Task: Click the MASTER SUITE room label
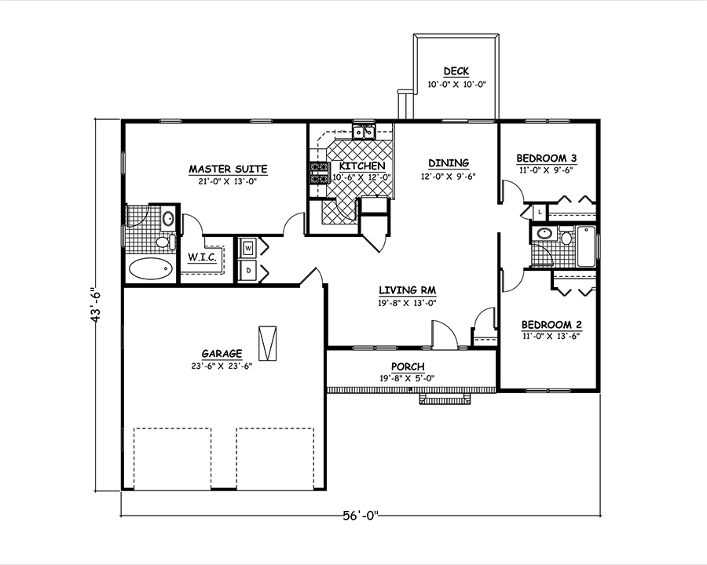coord(228,169)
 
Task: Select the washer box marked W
coord(248,249)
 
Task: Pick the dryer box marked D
coord(248,270)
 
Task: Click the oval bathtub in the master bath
coord(149,269)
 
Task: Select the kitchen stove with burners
coord(319,173)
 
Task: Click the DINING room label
coord(449,163)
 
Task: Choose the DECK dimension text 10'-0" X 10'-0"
coord(456,84)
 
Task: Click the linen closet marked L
coord(540,213)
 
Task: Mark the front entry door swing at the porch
coord(443,334)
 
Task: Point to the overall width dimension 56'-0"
coord(361,516)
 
